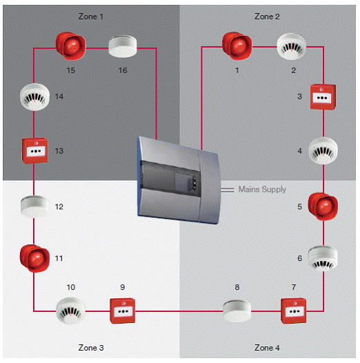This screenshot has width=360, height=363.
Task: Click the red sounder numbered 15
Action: [x=71, y=46]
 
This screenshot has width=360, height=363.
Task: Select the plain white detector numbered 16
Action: [x=123, y=46]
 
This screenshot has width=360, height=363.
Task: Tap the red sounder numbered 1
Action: [x=237, y=46]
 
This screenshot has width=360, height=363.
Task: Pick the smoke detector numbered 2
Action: [x=292, y=46]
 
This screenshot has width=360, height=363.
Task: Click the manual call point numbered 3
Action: [x=323, y=97]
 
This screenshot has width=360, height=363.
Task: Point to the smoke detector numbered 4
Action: [x=323, y=150]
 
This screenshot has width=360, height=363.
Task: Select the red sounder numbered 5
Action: [x=323, y=206]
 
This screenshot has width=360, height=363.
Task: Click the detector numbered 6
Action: [x=323, y=258]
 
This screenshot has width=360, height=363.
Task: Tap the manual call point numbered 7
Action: [x=293, y=311]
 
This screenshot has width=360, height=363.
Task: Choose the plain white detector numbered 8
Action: [x=237, y=311]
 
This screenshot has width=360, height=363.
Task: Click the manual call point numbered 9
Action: [x=122, y=311]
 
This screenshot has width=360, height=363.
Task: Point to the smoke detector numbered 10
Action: [x=70, y=311]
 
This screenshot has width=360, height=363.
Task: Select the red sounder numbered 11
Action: [x=34, y=258]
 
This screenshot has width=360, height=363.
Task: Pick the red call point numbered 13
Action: [x=34, y=150]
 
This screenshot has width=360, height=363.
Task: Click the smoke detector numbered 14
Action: [x=34, y=97]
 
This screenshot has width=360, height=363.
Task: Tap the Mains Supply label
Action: [x=262, y=189]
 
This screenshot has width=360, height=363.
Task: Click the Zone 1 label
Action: [x=91, y=17]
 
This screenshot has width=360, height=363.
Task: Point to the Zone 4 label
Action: [x=267, y=348]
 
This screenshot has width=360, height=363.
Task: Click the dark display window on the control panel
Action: [x=171, y=178]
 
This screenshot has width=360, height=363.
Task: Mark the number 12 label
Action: [x=59, y=206]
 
